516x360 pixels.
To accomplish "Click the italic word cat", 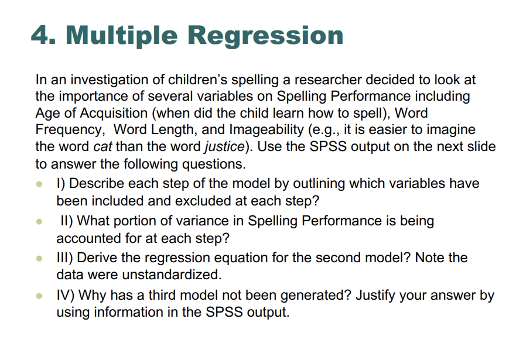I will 104,146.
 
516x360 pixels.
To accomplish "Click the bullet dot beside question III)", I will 39,258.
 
